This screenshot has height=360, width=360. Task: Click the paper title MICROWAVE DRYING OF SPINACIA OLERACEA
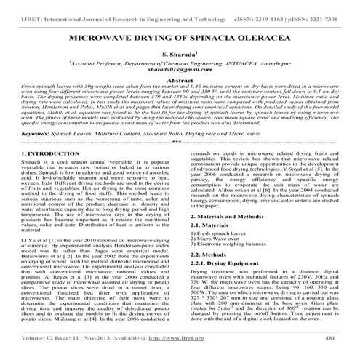[x=180, y=34]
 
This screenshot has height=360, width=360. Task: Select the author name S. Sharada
[x=180, y=54]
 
